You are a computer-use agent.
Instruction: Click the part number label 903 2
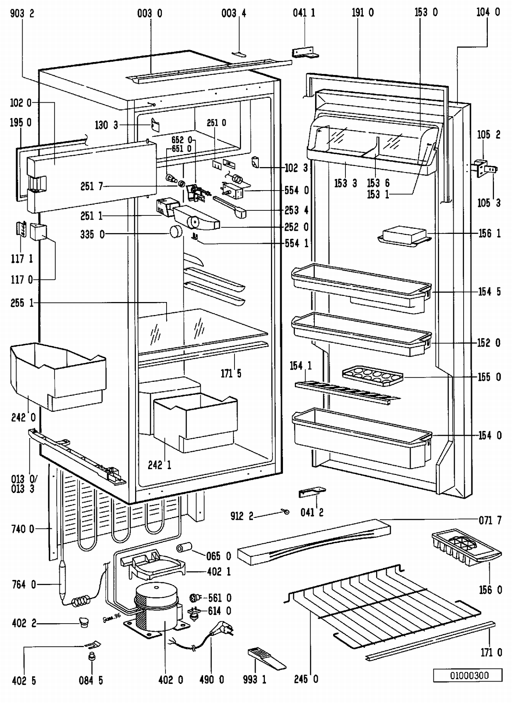coord(22,14)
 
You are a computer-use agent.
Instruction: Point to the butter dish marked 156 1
coord(404,236)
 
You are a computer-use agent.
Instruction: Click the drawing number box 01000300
coord(468,675)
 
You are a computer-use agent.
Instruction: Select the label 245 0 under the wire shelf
coord(306,679)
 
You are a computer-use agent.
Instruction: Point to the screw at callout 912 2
coord(286,511)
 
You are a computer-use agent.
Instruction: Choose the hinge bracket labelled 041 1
coord(304,52)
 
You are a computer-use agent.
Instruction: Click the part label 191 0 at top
coord(362,13)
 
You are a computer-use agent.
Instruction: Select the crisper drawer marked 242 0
coord(58,375)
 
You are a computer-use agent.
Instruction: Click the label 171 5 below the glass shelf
coord(231,373)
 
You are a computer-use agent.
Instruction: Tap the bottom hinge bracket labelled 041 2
coord(312,492)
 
